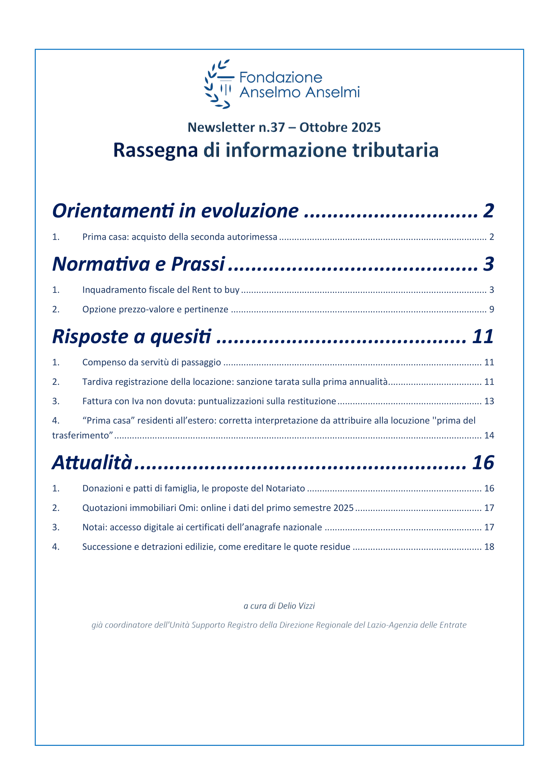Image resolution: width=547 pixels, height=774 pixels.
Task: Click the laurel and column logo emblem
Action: pos(218,84)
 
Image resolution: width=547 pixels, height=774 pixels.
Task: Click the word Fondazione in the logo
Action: pos(280,77)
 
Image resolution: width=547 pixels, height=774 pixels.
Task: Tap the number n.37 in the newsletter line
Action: pos(272,127)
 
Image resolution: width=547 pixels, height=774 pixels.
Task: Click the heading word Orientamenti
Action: pos(113,211)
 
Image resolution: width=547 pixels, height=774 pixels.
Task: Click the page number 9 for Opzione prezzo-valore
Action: pos(491,309)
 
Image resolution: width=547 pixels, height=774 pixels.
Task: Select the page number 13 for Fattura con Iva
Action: pos(489,401)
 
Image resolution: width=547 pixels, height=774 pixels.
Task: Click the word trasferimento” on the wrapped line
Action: pos(82,435)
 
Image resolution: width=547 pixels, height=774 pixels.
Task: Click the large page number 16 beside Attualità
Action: pos(483,463)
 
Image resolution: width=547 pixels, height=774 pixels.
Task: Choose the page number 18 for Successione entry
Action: pos(489,547)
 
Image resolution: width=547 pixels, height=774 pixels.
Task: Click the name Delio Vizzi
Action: pos(296,606)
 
